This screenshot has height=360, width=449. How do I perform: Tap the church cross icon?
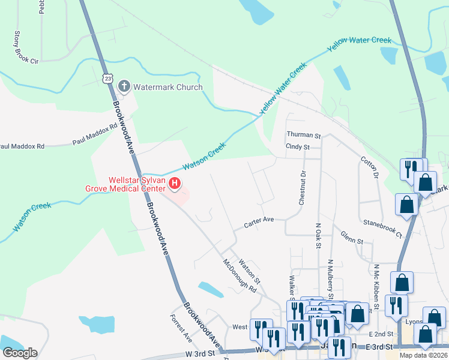point(124,87)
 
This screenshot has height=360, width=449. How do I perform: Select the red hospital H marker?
point(175,184)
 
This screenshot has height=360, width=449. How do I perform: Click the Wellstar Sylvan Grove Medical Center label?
point(136,184)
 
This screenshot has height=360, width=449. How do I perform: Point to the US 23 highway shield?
point(107,79)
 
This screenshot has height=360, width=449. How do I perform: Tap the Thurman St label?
point(304,136)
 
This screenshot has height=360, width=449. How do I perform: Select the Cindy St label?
point(298,147)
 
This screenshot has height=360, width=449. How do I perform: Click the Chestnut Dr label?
point(303,187)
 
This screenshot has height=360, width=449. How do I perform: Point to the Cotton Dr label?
point(368,167)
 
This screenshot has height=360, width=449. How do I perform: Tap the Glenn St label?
point(352,238)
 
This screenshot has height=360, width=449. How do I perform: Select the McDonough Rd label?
point(240,275)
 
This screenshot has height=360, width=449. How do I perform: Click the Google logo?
point(20,352)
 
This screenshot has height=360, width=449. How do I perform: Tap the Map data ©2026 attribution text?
point(423,355)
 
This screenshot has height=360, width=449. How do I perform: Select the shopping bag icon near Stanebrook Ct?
point(406,205)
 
